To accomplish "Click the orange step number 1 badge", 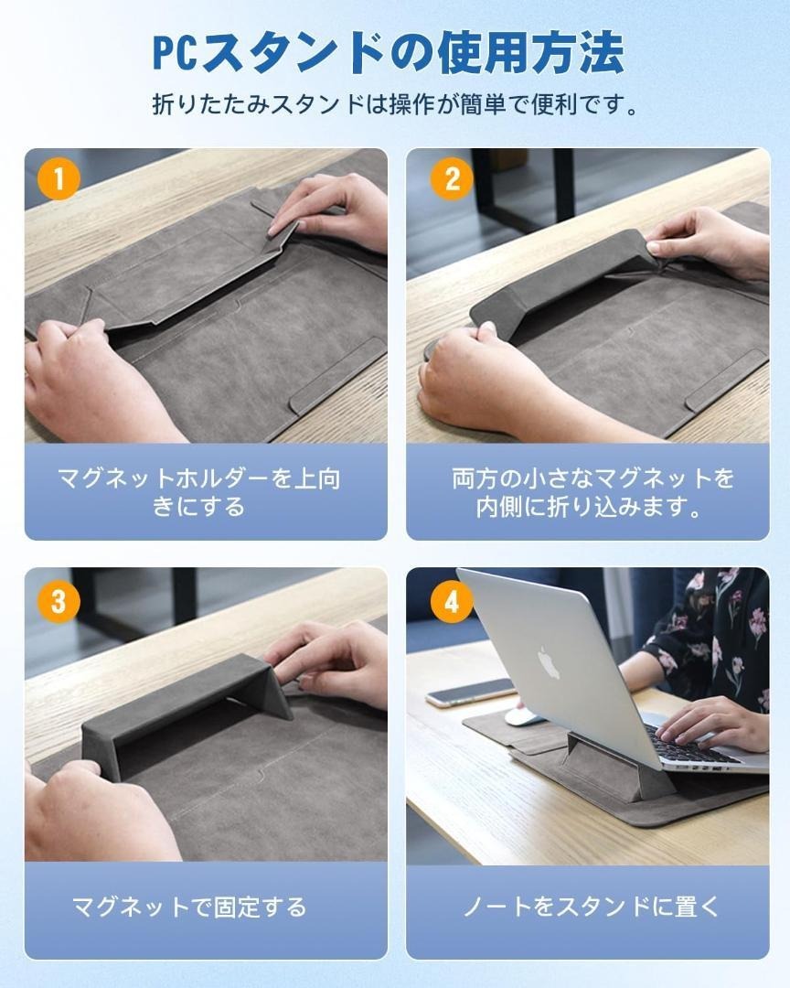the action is coord(59,179).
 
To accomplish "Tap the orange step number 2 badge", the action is coord(452,179).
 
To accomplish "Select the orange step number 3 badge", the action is coord(59,600).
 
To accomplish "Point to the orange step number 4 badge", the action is coord(452,600).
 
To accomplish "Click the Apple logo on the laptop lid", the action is coord(549,663).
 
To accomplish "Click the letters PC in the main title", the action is coord(176,54).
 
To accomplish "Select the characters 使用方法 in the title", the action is coord(529,53).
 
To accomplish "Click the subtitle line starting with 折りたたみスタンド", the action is coord(396,104).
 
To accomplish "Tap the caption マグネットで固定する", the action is coord(189,907).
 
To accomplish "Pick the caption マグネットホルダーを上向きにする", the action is coord(199,492).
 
